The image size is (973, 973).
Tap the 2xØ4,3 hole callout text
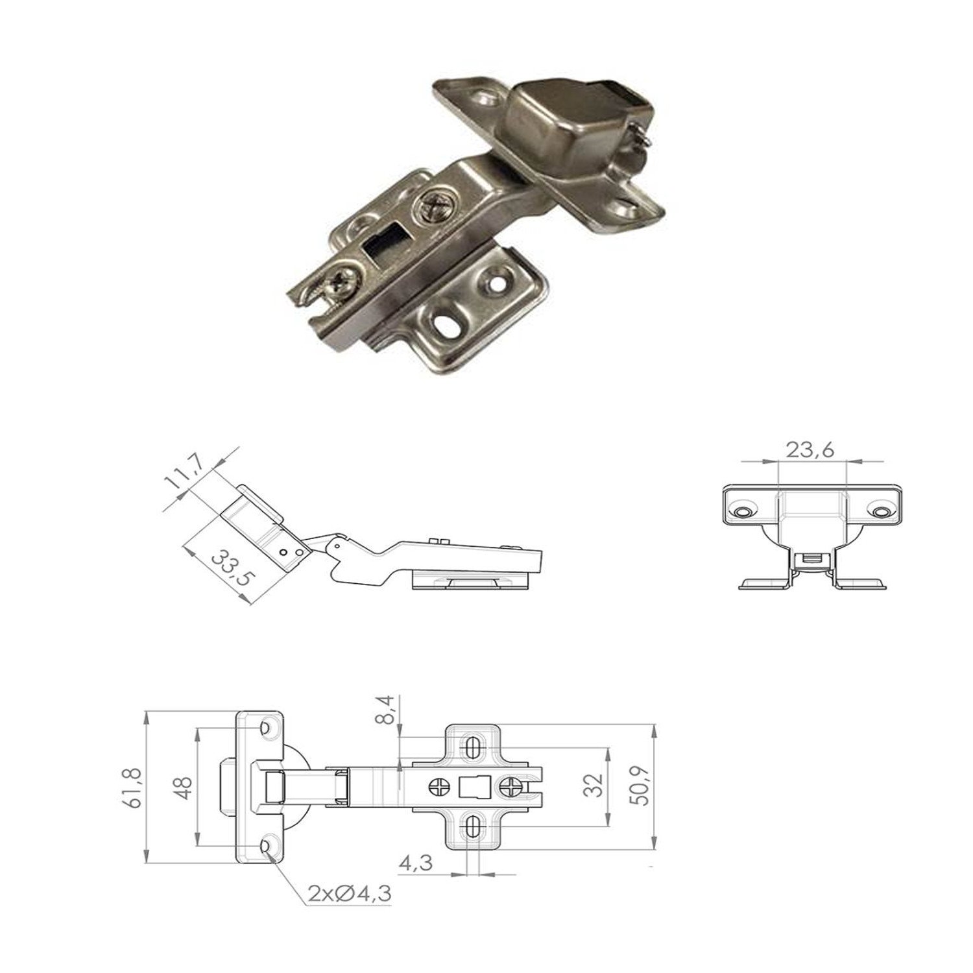pos(351,895)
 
